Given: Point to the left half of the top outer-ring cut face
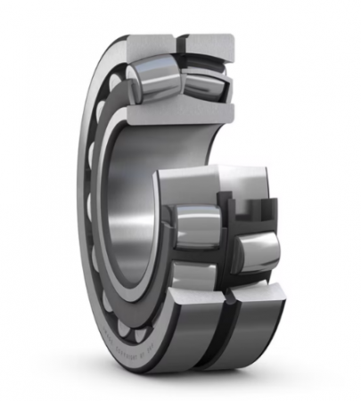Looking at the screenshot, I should click(x=151, y=45).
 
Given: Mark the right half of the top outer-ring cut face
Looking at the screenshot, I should click(x=210, y=45).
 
